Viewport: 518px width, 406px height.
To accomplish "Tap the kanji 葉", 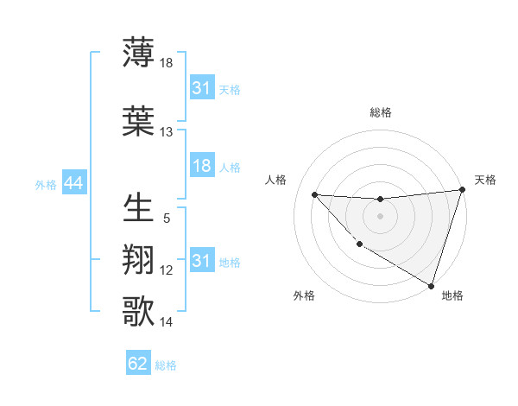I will pyautogui.click(x=139, y=120).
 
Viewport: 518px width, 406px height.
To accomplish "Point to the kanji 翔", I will pyautogui.click(x=139, y=259).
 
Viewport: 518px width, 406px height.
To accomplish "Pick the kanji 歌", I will pyautogui.click(x=139, y=310).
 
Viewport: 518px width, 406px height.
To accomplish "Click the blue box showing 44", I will pyautogui.click(x=73, y=183).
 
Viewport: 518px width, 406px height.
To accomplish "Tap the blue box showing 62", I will pyautogui.click(x=138, y=364).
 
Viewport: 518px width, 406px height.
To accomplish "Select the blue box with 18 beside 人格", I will pyautogui.click(x=201, y=167).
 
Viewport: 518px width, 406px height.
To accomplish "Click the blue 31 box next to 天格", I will pyautogui.click(x=201, y=89).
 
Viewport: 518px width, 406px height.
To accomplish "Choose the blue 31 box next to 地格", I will pyautogui.click(x=201, y=261).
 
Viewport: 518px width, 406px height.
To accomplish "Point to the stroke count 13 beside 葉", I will pyautogui.click(x=167, y=132).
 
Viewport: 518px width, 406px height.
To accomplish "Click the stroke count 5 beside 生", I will pyautogui.click(x=167, y=219).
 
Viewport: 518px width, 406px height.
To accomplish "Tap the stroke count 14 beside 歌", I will pyautogui.click(x=167, y=322).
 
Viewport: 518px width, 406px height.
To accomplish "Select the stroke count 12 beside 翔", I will pyautogui.click(x=167, y=270).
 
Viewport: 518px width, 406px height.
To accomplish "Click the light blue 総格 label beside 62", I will pyautogui.click(x=166, y=365).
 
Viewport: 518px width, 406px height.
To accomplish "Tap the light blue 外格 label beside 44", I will pyautogui.click(x=46, y=184).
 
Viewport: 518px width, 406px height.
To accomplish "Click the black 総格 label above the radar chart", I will pyautogui.click(x=380, y=112).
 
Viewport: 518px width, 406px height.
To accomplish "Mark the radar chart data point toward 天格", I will pyautogui.click(x=462, y=191).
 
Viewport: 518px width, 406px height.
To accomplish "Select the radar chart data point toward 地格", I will pyautogui.click(x=432, y=284).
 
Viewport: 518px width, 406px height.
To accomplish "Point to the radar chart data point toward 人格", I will pyautogui.click(x=315, y=194).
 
